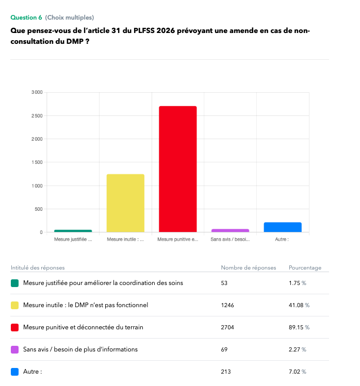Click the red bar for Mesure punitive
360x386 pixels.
[x=178, y=169]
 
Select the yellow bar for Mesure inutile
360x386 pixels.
[x=125, y=203]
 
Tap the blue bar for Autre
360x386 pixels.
[x=283, y=227]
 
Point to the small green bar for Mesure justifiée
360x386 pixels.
[x=73, y=231]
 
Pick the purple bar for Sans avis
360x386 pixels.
[x=230, y=230]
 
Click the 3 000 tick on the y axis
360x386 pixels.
[x=37, y=92]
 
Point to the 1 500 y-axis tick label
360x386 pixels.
[x=37, y=162]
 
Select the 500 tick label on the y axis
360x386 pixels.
[x=39, y=209]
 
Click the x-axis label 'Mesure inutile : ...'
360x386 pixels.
[x=125, y=240]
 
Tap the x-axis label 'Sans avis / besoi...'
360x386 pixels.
[x=230, y=240]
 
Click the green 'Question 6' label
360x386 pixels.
[x=26, y=18]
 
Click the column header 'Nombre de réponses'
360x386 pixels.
[x=249, y=267]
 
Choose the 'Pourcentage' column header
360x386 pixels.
[x=305, y=267]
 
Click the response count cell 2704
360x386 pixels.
[x=227, y=327]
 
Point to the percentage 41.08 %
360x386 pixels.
[x=299, y=305]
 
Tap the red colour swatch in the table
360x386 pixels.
[x=15, y=327]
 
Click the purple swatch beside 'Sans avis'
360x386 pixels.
[x=15, y=349]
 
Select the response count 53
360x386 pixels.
[x=224, y=283]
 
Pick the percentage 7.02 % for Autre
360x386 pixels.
[x=298, y=372]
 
